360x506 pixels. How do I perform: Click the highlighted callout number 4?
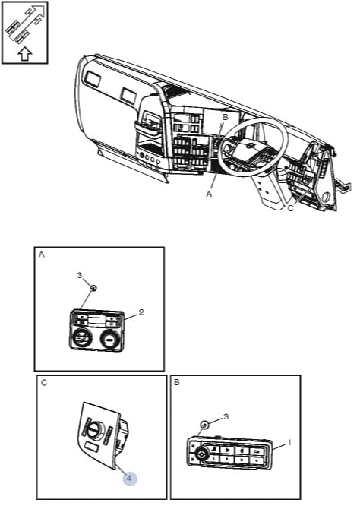click(x=129, y=478)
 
